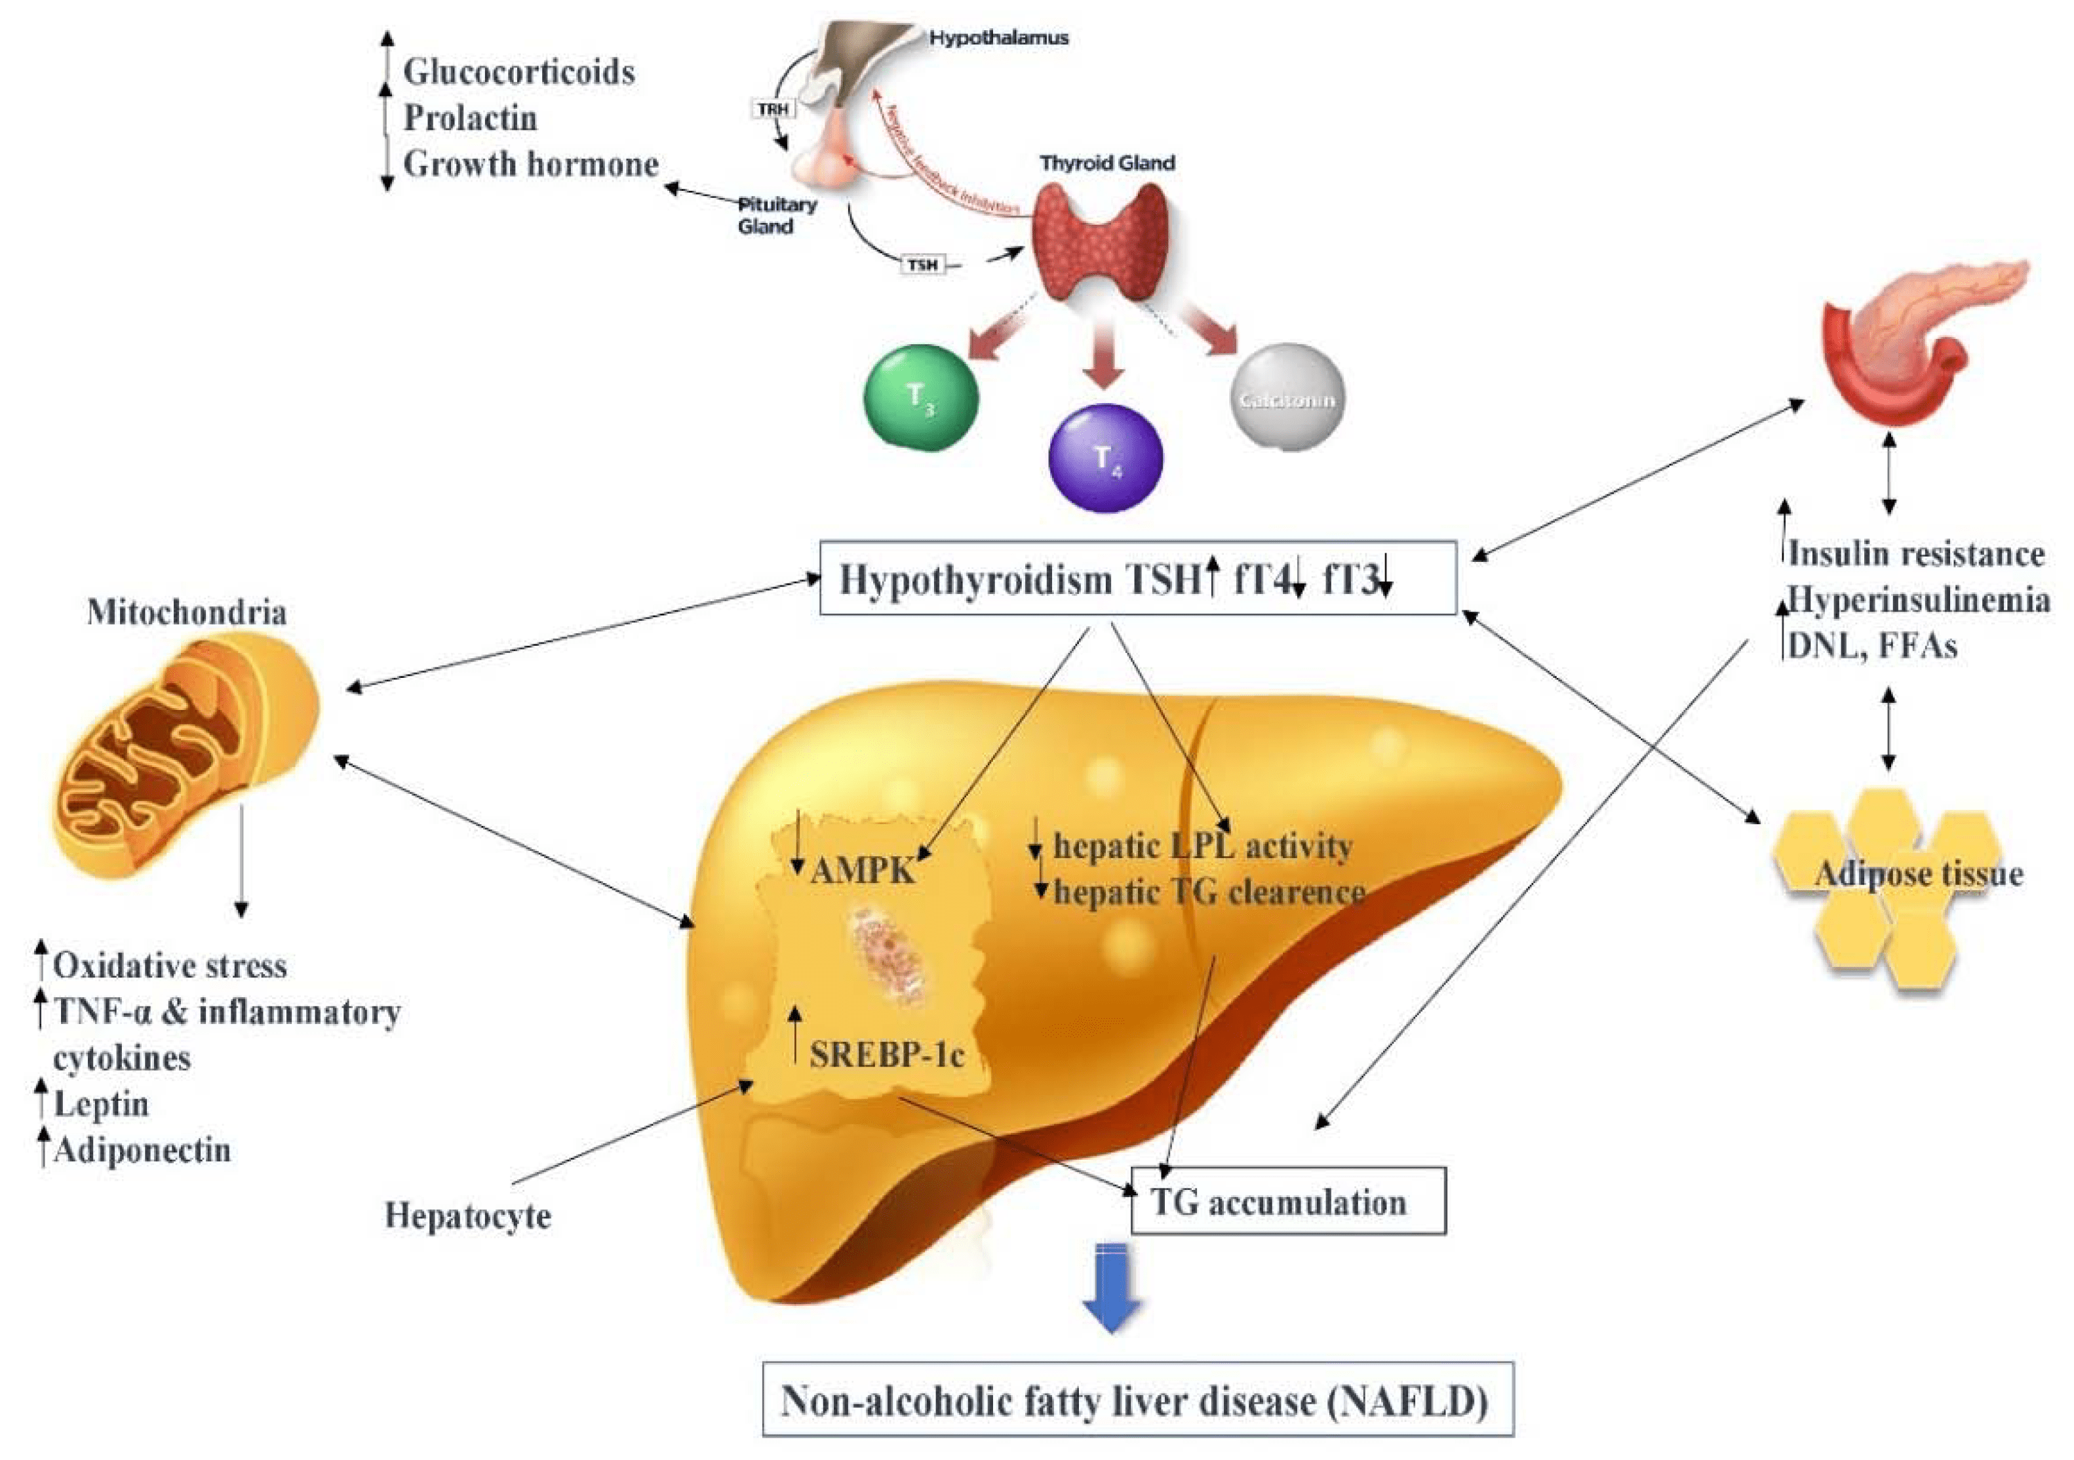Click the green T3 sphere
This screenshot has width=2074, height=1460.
(x=920, y=397)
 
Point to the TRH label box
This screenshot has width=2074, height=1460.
(x=773, y=109)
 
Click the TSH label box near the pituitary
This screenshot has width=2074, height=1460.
(x=922, y=265)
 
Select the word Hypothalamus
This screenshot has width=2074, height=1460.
(x=999, y=38)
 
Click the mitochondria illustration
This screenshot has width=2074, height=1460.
(x=185, y=755)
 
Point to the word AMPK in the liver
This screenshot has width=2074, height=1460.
(x=863, y=871)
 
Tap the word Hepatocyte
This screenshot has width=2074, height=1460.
(x=468, y=1216)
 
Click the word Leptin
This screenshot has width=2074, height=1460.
(x=101, y=1104)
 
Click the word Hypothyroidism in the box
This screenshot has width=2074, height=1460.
(x=975, y=579)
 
